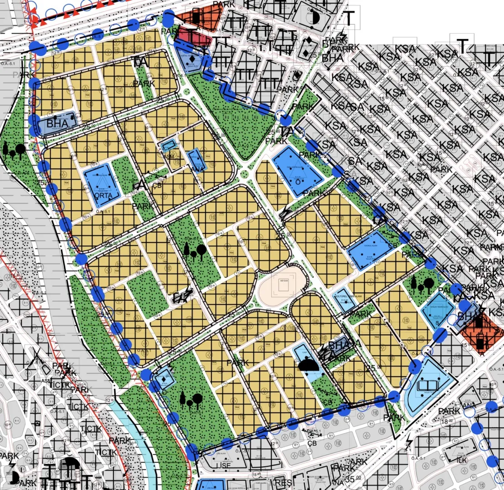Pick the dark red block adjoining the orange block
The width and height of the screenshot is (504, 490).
pyautogui.click(x=193, y=35)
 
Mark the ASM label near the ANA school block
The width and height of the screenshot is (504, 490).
pyautogui.click(x=169, y=157)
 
